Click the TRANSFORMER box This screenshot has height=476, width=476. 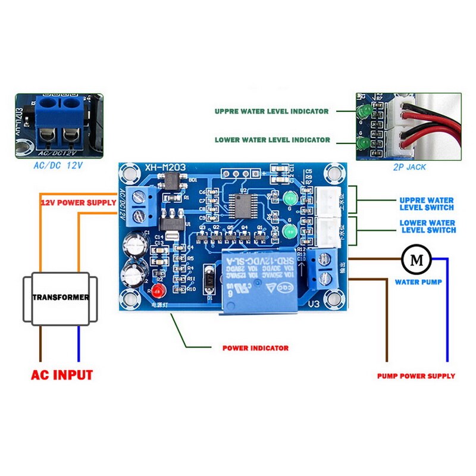(x=61, y=297)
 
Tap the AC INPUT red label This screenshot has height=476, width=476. (x=62, y=375)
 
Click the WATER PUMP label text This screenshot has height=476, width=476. (x=418, y=282)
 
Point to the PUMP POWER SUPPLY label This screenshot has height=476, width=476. (x=416, y=376)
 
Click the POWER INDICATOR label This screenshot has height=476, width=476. (x=255, y=348)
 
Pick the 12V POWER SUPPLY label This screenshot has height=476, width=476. (x=78, y=203)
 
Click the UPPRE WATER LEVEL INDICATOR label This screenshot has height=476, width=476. (x=271, y=111)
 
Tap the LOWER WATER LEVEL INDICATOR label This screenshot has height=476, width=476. (x=272, y=140)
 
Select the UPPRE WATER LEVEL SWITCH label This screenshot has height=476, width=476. (x=427, y=204)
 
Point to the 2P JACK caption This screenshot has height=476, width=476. (x=409, y=167)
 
